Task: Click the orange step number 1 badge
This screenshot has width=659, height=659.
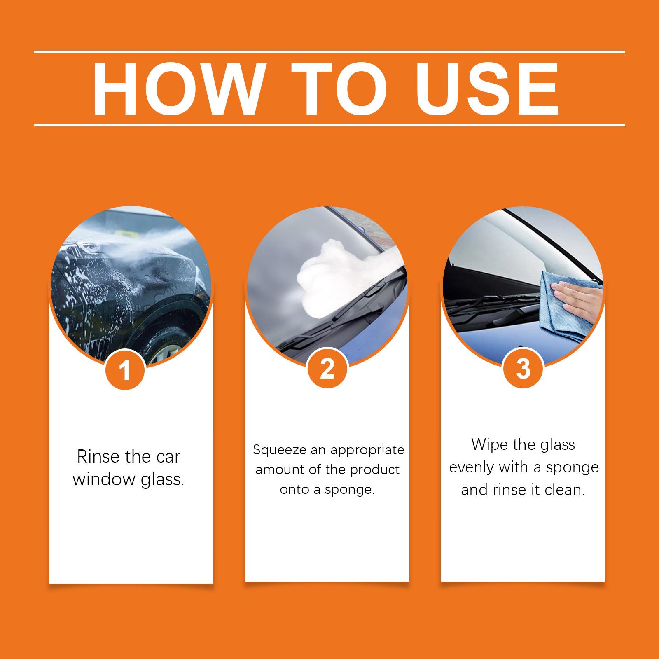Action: [125, 369]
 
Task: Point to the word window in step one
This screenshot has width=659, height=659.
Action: [105, 480]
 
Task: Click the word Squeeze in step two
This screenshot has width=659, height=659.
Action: [280, 451]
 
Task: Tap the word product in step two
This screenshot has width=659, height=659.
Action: [376, 470]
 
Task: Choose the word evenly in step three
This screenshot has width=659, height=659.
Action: [472, 468]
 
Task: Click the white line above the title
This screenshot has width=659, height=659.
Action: [329, 52]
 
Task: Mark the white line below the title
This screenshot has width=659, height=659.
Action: [329, 124]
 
